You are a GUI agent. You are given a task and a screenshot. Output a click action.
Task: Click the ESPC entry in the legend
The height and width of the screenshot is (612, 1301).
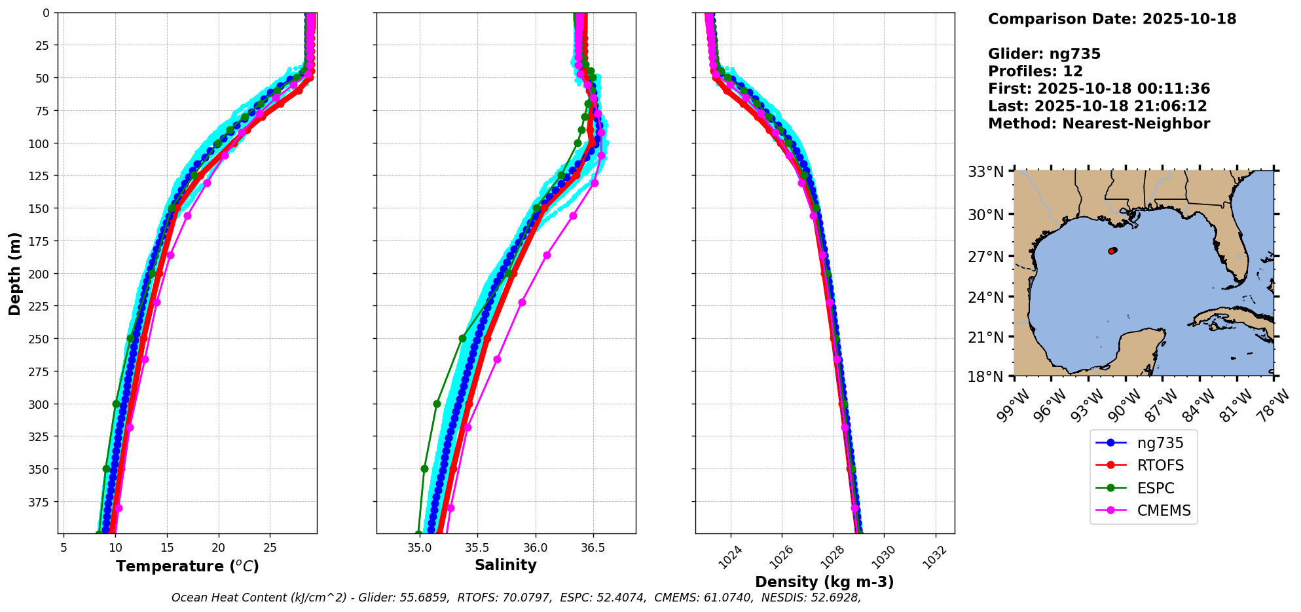tap(1155, 488)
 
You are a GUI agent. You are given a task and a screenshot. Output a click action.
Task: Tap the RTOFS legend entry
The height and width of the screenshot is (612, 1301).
tap(1160, 465)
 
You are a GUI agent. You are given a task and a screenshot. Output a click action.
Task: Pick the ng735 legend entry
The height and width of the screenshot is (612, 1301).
tap(1160, 443)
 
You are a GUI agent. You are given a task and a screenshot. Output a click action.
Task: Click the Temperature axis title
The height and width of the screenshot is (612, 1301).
tap(187, 566)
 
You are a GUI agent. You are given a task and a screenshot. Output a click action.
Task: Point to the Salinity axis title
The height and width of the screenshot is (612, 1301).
tap(505, 565)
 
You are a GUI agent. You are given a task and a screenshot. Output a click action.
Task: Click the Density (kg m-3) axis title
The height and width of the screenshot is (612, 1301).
tap(824, 582)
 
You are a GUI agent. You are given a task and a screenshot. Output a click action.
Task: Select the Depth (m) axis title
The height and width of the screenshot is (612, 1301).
tap(14, 273)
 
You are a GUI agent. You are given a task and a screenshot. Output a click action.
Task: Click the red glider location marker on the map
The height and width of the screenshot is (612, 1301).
tap(1112, 251)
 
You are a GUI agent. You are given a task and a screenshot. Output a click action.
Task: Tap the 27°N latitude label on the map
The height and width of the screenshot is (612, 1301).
tap(985, 257)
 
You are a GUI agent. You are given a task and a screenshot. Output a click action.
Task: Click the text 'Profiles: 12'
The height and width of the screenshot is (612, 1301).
tap(1035, 71)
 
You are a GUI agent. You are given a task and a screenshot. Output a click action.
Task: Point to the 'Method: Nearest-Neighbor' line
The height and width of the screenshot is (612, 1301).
tap(1099, 124)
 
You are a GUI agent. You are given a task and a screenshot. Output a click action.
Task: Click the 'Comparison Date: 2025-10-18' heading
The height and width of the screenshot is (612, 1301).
tap(1112, 19)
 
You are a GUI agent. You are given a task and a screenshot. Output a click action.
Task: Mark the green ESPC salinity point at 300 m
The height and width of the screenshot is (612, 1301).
tap(437, 404)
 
